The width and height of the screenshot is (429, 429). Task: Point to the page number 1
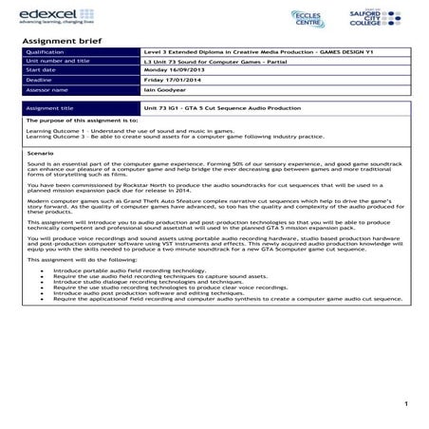[405, 404]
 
